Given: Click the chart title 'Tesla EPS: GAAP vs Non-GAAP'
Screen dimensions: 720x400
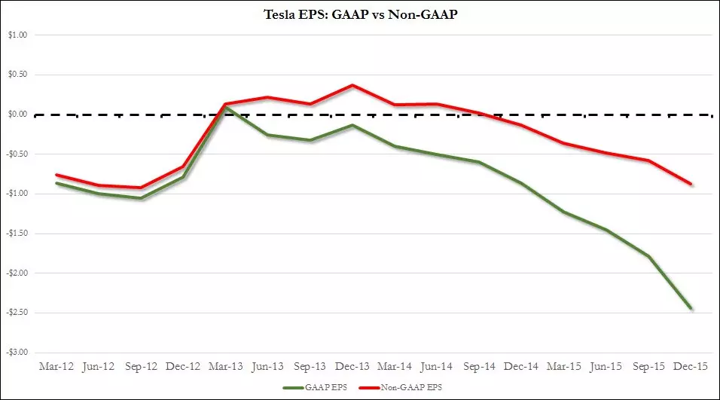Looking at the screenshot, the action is pos(361,14).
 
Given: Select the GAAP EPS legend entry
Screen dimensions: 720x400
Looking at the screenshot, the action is pos(315,388).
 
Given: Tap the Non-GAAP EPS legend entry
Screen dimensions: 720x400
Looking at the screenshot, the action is pos(401,388).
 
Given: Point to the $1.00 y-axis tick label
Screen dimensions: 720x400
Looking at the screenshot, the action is pos(17,35).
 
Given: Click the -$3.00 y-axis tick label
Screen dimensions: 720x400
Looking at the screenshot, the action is pos(17,353).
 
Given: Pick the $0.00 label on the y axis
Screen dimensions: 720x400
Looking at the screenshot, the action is pos(17,115).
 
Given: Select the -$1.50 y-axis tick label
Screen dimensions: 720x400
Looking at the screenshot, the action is pos(17,234).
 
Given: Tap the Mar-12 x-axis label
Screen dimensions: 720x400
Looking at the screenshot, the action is pos(56,366).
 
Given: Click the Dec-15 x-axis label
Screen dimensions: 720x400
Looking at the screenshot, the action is pos(691,366).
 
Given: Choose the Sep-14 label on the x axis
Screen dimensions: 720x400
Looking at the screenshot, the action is pos(480,366).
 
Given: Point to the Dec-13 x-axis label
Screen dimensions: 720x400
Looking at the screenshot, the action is pos(352,366).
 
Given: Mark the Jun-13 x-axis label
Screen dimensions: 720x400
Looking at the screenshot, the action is pos(267,366).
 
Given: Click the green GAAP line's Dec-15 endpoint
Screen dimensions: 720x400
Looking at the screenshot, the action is pos(691,309).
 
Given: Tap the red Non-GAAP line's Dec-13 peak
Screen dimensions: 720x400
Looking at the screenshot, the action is pos(352,85).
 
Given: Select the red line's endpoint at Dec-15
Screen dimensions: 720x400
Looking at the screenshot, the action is pos(691,184).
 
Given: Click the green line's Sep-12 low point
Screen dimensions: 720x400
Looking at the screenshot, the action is pos(141,198).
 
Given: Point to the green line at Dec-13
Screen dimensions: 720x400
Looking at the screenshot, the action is pos(352,125).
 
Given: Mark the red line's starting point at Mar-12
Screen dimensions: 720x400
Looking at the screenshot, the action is pos(56,175).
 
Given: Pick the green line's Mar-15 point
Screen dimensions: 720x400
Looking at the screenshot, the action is pos(564,212).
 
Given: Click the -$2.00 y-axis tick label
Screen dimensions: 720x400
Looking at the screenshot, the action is pos(17,273).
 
